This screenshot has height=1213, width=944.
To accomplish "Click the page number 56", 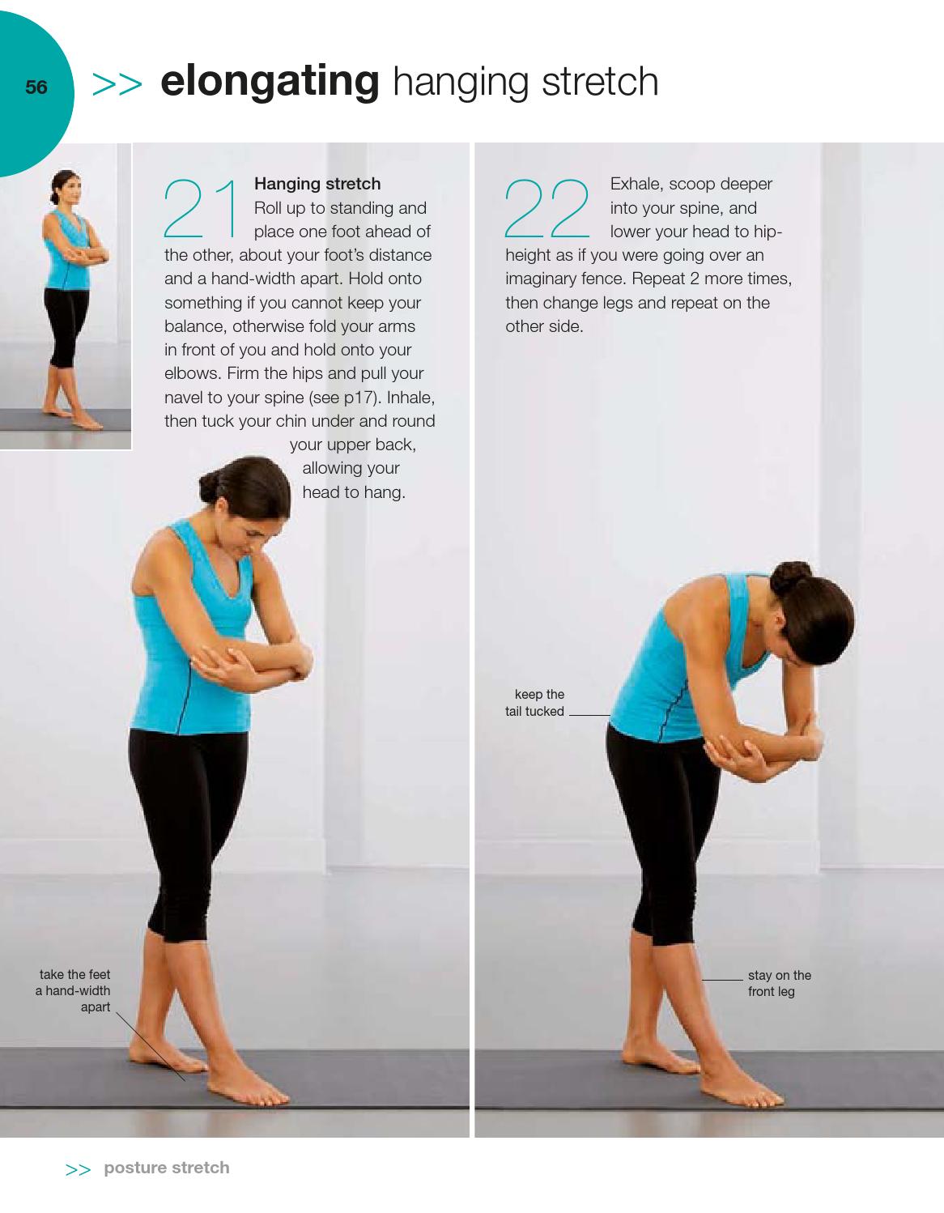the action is point(36,87).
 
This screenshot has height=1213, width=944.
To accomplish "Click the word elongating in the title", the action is point(270,83).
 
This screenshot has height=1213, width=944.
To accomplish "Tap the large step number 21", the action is point(201,209).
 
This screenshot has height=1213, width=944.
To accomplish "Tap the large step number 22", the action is point(546,209).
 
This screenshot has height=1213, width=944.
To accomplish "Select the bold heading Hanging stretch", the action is point(317,184).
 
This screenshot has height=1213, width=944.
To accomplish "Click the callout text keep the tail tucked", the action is point(535,703).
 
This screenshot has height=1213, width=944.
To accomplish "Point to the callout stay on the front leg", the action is point(780,983).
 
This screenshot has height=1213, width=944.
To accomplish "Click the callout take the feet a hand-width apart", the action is point(73,990).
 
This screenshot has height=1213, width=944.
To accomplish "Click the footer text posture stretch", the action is point(167,1167).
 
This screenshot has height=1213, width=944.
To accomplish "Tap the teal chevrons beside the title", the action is point(117,84).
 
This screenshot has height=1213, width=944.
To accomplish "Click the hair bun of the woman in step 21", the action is point(210,487).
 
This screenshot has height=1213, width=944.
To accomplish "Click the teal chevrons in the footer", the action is point(78,1169).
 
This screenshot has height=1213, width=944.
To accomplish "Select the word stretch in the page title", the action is point(600,82).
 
